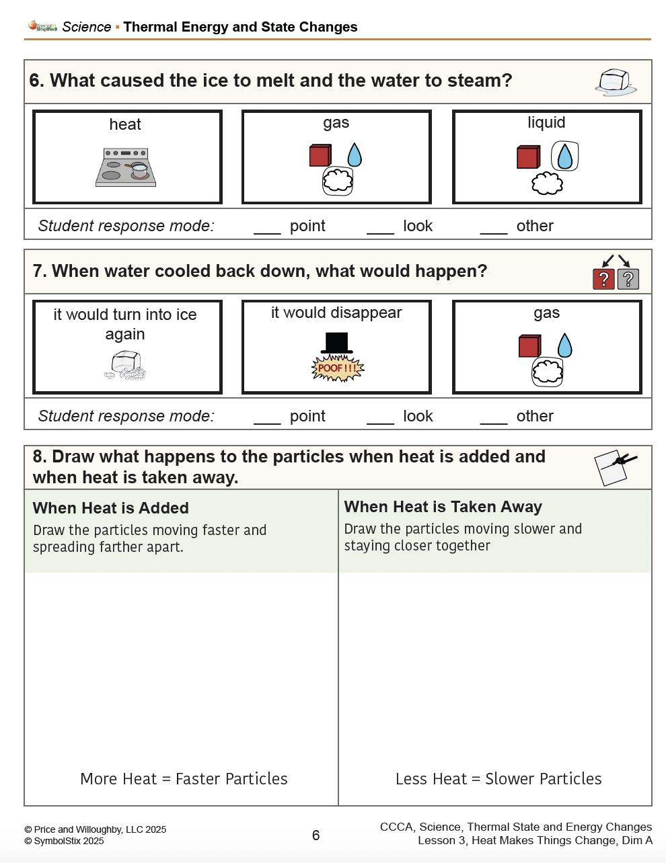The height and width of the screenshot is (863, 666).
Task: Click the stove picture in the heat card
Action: click(126, 167)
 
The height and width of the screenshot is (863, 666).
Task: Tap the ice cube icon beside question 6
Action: click(616, 82)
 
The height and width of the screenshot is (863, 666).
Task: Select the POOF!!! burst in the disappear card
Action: click(338, 368)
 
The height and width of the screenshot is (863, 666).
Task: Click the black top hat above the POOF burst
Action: click(336, 343)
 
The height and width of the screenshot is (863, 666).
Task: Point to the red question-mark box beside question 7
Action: click(603, 278)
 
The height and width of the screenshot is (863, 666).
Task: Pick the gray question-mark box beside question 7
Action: click(628, 278)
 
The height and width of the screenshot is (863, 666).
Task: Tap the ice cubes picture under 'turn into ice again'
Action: click(126, 366)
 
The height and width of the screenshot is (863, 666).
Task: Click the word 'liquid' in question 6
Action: click(546, 122)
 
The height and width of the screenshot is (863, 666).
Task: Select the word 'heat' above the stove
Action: click(125, 124)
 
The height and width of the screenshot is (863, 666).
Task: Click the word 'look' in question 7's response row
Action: click(418, 416)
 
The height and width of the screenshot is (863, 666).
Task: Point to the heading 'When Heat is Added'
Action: click(111, 508)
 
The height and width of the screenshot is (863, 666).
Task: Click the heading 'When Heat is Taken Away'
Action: click(443, 507)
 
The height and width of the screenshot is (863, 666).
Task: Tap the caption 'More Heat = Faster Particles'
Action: click(184, 778)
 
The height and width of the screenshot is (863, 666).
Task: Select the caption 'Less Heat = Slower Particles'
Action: click(498, 778)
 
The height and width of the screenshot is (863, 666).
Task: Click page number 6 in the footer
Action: click(316, 835)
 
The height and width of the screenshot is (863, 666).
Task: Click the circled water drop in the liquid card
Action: click(565, 157)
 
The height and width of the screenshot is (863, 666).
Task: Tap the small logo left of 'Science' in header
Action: click(42, 26)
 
